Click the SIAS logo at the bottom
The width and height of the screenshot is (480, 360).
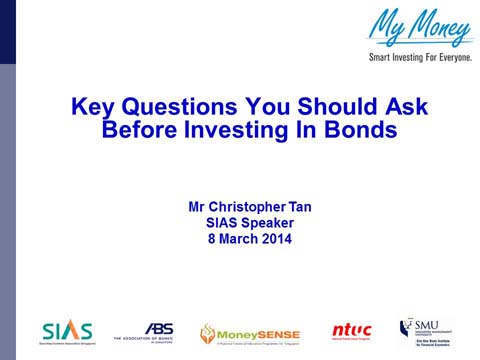click(x=67, y=331)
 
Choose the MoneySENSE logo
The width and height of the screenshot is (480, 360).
click(x=245, y=332)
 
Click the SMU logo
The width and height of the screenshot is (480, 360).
click(x=431, y=331)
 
